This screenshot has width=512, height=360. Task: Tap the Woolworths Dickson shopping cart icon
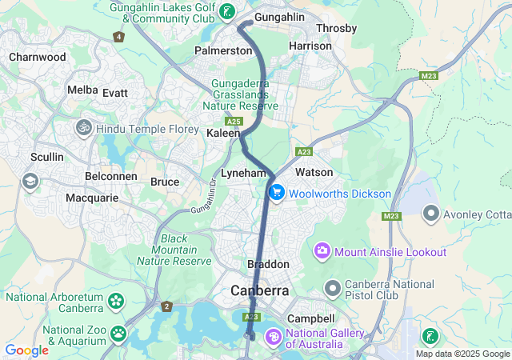pos(277,193)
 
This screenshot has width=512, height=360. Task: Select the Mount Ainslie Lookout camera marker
pos(322,252)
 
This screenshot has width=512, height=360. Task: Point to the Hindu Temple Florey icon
pos(83,128)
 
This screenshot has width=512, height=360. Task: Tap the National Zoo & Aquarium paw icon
pos(118,332)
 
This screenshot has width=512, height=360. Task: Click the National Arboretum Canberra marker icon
pos(116,302)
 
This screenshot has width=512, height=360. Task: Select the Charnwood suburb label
pos(37,57)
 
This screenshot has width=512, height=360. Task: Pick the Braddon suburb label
pos(267,264)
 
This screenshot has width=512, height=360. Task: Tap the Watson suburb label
pos(314,172)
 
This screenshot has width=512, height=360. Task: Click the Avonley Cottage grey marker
pos(431,214)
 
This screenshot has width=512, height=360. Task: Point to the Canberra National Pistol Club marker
pos(333,286)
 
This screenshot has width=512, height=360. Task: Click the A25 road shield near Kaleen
pos(234,121)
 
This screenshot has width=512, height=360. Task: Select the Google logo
pos(26,350)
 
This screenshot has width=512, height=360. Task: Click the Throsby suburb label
pos(336,28)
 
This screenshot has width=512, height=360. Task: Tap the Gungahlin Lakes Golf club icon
pos(228,11)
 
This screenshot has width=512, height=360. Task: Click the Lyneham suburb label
pos(242,173)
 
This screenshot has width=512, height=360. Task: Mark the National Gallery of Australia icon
pos(273,338)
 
